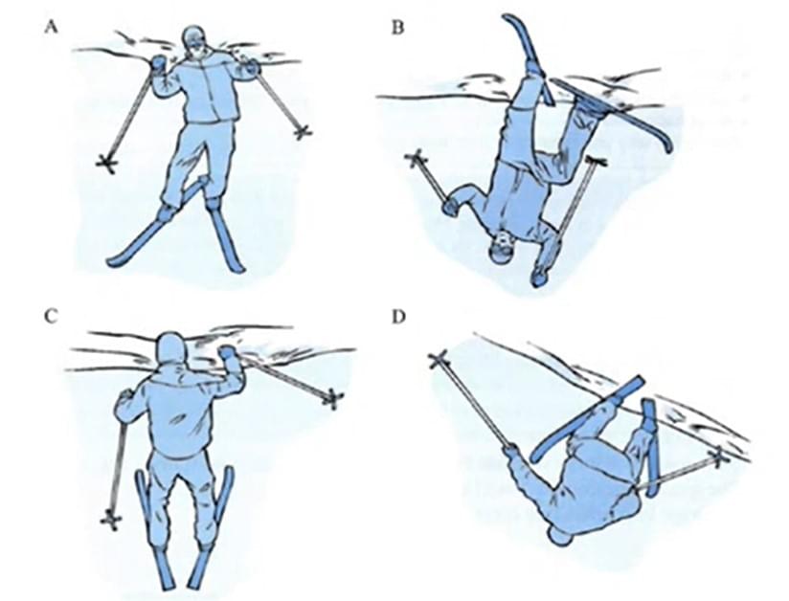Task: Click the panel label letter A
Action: pos(51,28)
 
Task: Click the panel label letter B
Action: pos(397,28)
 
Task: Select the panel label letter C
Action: pos(51,317)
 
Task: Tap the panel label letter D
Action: pos(398,318)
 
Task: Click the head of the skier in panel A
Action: pos(195,42)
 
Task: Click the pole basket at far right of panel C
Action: pos(333,399)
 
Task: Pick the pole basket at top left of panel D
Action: pos(439,361)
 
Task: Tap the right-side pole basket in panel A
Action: pos(302,132)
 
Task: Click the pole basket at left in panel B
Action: pos(417,160)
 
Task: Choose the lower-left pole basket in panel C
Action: pos(111,519)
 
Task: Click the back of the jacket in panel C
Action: pos(176,412)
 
